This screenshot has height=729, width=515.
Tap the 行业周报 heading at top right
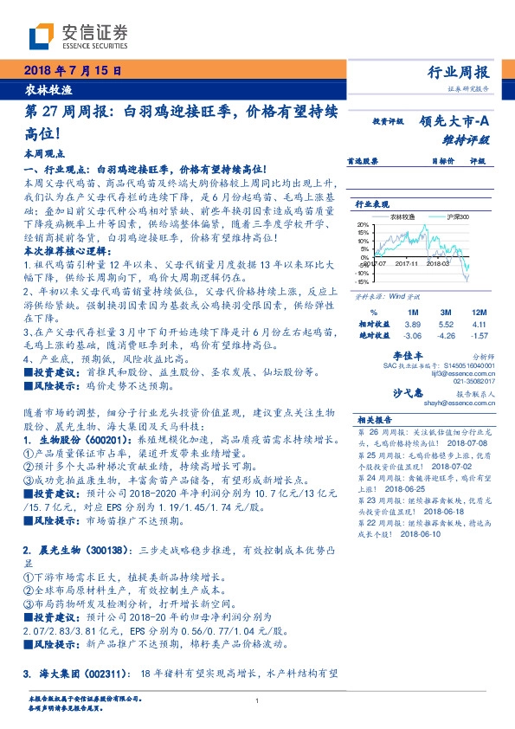(458, 72)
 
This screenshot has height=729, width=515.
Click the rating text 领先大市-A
(456, 123)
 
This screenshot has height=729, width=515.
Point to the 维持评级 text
(471, 139)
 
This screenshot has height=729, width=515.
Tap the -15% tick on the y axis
(362, 281)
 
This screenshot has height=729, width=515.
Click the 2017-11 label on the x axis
(406, 264)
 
